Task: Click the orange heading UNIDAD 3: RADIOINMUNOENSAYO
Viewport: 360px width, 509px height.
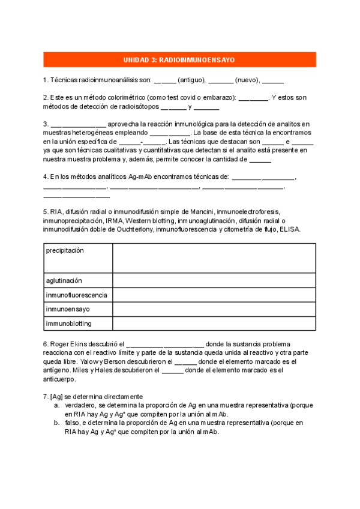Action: pos(179,60)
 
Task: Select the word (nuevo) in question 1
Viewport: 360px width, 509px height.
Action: pos(247,80)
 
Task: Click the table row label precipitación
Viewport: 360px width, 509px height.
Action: pos(65,250)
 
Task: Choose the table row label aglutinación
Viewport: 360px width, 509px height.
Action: pos(64,280)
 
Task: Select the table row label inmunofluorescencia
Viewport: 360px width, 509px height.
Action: pos(77,295)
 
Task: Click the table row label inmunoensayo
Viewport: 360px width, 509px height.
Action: pos(68,309)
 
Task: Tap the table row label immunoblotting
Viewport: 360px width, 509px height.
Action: pos(68,324)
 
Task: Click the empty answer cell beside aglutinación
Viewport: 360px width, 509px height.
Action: pos(214,280)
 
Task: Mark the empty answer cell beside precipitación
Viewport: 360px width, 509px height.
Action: pos(214,258)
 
